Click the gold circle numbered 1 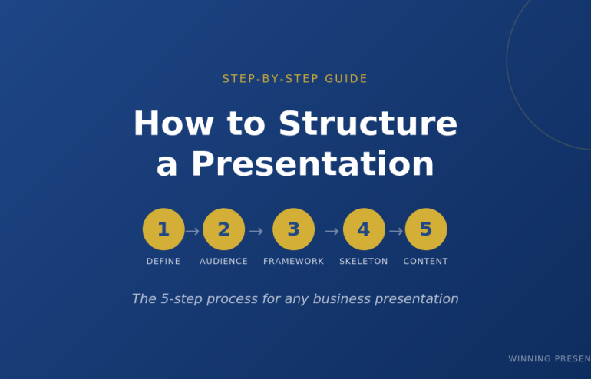click(x=163, y=229)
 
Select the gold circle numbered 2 click(x=223, y=229)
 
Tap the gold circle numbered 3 click(x=293, y=229)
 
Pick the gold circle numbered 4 click(x=364, y=229)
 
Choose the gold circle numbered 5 click(x=425, y=229)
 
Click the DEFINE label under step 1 click(x=163, y=262)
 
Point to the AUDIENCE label click(x=223, y=262)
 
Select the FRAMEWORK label click(x=293, y=262)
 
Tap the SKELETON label click(x=364, y=262)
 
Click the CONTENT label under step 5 click(x=425, y=262)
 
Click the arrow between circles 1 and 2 click(x=193, y=231)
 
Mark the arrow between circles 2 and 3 click(x=256, y=231)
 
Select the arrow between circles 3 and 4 click(x=332, y=231)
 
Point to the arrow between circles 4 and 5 click(x=396, y=231)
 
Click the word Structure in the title click(x=368, y=124)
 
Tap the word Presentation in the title click(x=312, y=164)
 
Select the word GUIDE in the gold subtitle click(x=346, y=79)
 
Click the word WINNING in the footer click(x=530, y=359)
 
